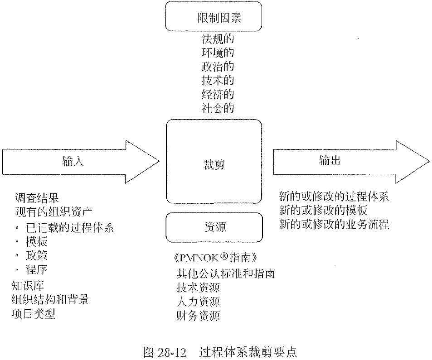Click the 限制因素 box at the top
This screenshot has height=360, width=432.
pos(214,17)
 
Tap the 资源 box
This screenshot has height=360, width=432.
pos(214,226)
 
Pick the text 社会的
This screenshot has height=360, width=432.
pos(218,108)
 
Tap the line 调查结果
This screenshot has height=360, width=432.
pos(37,198)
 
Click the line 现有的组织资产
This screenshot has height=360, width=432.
pos(53,212)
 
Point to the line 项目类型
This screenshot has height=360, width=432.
pos(34,313)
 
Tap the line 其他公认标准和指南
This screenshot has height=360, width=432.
pos(226,273)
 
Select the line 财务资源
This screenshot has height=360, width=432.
pos(198,315)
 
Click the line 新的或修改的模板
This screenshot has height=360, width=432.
pos(323,211)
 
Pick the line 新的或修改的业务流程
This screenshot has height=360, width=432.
pos(334,224)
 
